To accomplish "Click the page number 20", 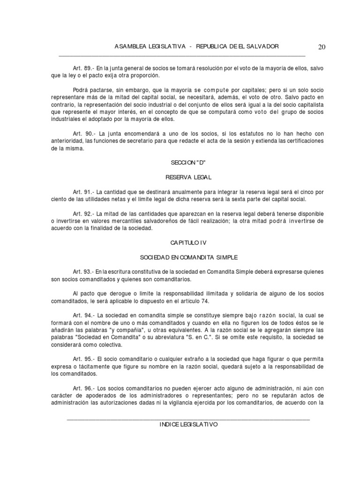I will [x=322, y=47].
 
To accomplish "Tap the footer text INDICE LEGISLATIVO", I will [x=189, y=424].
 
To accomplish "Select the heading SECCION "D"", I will [x=189, y=162].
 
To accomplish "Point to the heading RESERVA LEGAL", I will [x=189, y=177].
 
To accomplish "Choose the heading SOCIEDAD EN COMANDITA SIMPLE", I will [x=189, y=257].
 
